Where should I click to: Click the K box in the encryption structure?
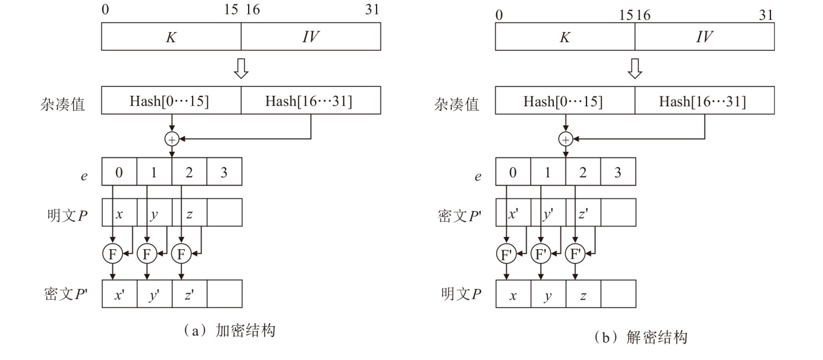[171, 37]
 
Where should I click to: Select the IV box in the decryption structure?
[704, 37]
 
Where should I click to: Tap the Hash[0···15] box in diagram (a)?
[171, 100]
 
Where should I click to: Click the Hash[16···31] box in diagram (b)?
[704, 100]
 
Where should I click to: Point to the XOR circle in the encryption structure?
[172, 139]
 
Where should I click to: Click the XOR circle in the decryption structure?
[565, 139]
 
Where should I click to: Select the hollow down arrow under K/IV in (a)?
[241, 68]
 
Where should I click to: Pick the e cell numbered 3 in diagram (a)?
[224, 172]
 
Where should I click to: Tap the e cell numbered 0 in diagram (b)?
[513, 172]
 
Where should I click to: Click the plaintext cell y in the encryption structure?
[154, 213]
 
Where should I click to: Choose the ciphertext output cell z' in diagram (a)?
[189, 294]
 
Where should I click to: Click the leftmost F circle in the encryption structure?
[112, 254]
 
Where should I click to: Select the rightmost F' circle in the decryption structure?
[576, 254]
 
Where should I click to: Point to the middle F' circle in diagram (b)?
[541, 254]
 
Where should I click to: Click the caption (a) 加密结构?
[230, 331]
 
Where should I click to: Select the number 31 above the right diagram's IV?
[766, 15]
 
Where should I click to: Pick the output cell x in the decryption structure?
[513, 294]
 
